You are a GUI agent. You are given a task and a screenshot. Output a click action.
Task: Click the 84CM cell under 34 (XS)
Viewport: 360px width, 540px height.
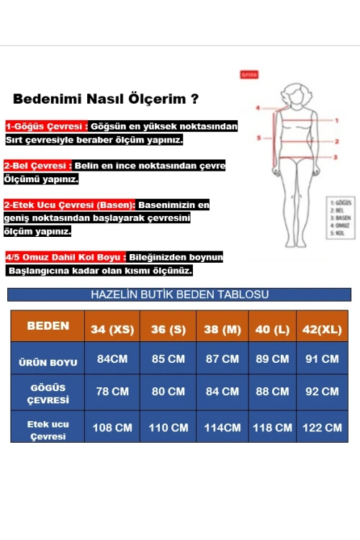(x=112, y=359)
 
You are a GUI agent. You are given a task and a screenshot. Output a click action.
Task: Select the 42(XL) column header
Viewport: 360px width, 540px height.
(x=322, y=329)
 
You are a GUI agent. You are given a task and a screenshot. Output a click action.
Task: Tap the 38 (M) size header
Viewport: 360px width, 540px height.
(x=222, y=329)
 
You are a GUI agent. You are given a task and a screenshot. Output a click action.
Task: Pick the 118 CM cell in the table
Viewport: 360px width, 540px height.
(x=272, y=427)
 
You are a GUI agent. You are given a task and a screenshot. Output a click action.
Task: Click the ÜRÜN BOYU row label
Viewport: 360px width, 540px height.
(x=48, y=362)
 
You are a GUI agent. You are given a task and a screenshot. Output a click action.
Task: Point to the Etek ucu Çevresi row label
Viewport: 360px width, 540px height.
(x=48, y=430)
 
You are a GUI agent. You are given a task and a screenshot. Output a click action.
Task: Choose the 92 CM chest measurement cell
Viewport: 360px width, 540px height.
(x=322, y=392)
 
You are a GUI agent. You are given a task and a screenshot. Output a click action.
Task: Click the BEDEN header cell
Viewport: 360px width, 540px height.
(x=48, y=326)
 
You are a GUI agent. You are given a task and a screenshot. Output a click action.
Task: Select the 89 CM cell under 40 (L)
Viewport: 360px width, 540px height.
(x=272, y=359)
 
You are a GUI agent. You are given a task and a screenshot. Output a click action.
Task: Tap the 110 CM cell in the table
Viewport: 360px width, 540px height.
(x=168, y=427)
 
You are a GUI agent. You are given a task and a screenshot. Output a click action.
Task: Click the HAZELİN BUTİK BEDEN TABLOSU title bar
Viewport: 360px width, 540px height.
(x=179, y=294)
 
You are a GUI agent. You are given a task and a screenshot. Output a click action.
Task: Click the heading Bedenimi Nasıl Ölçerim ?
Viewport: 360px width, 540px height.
(x=106, y=99)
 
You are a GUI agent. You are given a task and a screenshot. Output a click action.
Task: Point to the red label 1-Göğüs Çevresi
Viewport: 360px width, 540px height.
(x=46, y=126)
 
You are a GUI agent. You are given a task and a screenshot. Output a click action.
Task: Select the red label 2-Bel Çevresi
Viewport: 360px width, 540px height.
(x=37, y=165)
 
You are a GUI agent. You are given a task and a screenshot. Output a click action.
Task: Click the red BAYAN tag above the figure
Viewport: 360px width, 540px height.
(x=249, y=75)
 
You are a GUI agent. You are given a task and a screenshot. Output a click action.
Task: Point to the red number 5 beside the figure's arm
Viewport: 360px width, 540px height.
(x=258, y=136)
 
